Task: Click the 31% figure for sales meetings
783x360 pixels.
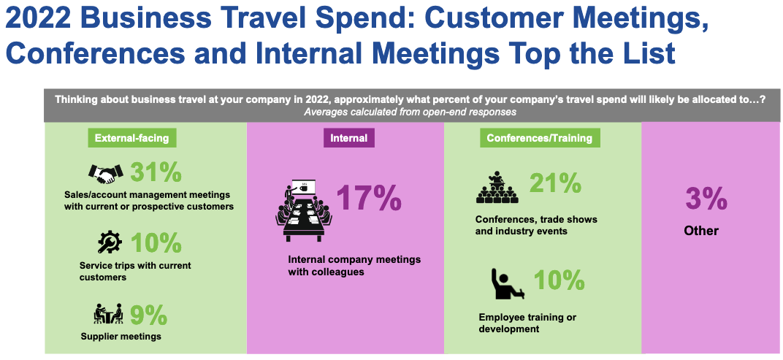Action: tap(156, 172)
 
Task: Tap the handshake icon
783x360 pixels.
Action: tap(105, 173)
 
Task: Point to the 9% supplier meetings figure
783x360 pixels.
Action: tap(148, 315)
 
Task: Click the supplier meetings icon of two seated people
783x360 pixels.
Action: tap(108, 313)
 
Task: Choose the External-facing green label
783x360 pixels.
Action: tap(131, 138)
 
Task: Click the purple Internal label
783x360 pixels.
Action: tap(348, 138)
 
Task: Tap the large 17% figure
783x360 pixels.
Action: tap(369, 198)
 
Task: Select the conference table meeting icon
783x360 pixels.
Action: tap(303, 210)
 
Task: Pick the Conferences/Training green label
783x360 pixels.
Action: tap(540, 138)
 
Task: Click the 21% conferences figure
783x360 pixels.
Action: tap(555, 183)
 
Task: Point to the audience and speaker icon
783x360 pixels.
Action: tap(497, 187)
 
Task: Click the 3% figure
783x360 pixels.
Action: tap(706, 198)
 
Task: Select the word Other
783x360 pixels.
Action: tap(701, 231)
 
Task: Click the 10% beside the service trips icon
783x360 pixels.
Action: tap(156, 243)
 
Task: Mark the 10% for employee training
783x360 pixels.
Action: tap(559, 280)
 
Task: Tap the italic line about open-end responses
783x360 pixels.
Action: tap(410, 112)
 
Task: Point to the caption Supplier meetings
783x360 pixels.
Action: tap(121, 337)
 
